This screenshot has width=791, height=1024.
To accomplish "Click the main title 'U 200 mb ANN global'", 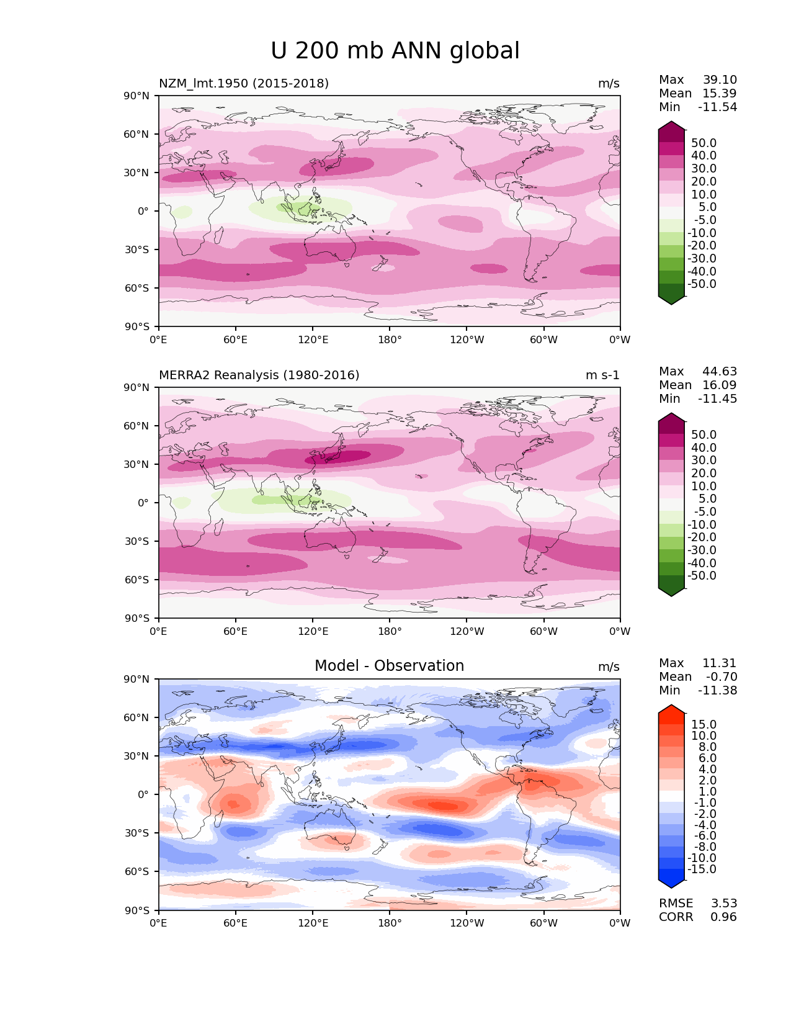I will [x=395, y=51].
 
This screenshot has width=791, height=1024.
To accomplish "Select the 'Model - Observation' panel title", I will [x=389, y=666].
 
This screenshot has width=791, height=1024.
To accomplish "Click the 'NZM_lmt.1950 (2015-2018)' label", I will [x=244, y=84].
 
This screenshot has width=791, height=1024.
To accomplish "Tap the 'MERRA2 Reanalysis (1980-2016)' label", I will [x=259, y=375].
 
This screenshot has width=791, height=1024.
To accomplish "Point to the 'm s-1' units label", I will [x=602, y=375].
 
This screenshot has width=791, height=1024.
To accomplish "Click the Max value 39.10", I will [x=720, y=80].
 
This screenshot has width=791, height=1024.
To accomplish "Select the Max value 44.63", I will [x=720, y=372].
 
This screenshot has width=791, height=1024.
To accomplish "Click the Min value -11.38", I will [x=718, y=691].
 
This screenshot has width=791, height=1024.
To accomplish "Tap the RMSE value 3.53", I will [x=724, y=904].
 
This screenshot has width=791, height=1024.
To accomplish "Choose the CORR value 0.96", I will [x=724, y=917].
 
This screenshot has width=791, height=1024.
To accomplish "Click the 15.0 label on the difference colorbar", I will [x=704, y=725].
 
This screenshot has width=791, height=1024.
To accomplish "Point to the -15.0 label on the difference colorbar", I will [x=702, y=869].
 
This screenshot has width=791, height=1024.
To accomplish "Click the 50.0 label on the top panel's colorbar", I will [x=704, y=143].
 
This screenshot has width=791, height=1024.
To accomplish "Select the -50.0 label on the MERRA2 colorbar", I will [x=702, y=576].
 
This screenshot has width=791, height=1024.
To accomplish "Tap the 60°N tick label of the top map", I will [x=136, y=134].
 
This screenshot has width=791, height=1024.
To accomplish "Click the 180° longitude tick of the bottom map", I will [x=390, y=923].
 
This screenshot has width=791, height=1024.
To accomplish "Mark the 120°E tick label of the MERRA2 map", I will [x=313, y=632].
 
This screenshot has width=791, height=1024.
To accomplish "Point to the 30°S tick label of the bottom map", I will [x=137, y=833].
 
